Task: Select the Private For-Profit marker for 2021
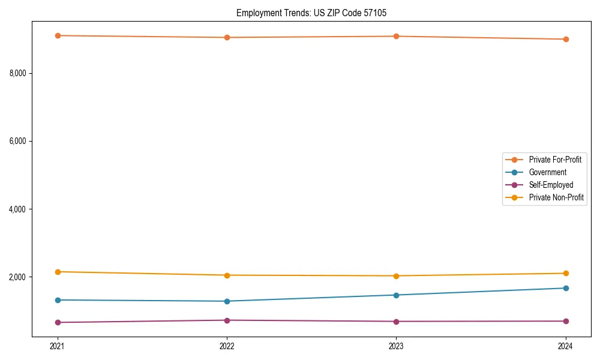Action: coord(58,35)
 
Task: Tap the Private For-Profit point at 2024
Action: coord(565,39)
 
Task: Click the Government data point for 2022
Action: coord(227,301)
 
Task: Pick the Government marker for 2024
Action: coord(565,288)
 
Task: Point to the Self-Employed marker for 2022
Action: coord(227,320)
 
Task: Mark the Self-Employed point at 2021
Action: coord(58,322)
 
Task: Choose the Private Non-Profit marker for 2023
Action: coord(396,276)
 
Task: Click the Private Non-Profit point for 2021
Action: coord(58,272)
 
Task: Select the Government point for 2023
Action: coord(396,295)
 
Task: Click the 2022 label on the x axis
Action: coord(227,346)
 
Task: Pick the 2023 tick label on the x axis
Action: coord(396,346)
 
